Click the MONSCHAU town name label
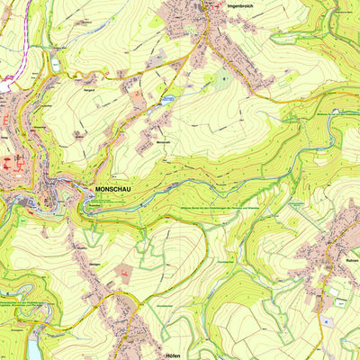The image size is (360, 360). pyautogui.click(x=113, y=190)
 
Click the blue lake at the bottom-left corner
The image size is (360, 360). pyautogui.click(x=34, y=347)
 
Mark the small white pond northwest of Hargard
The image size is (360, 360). pyautogui.click(x=57, y=64)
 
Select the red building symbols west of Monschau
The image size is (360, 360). pyautogui.click(x=11, y=164)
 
